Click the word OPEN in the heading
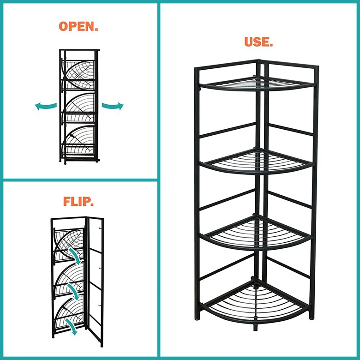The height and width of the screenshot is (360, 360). click(78, 26)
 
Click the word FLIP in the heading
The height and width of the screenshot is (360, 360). click(78, 202)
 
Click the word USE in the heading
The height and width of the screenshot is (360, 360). click(258, 42)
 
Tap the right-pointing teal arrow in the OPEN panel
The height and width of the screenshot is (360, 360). click(113, 106)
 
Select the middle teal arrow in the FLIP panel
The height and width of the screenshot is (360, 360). click(73, 289)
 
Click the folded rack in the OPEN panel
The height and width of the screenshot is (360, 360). click(78, 106)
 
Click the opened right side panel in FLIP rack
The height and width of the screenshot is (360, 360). click(95, 282)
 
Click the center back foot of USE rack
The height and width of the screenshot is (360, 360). click(255, 328)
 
